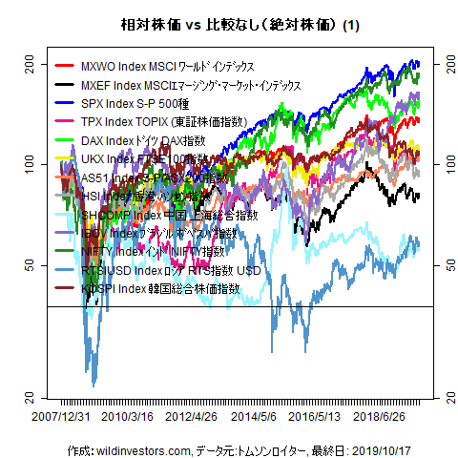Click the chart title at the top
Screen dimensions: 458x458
[228, 25]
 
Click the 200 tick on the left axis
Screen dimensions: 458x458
[28, 64]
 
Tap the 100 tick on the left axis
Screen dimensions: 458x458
[28, 164]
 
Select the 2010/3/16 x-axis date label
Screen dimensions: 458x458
[128, 416]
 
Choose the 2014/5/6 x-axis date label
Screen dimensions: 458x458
[254, 416]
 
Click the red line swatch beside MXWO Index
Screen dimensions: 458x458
[65, 67]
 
